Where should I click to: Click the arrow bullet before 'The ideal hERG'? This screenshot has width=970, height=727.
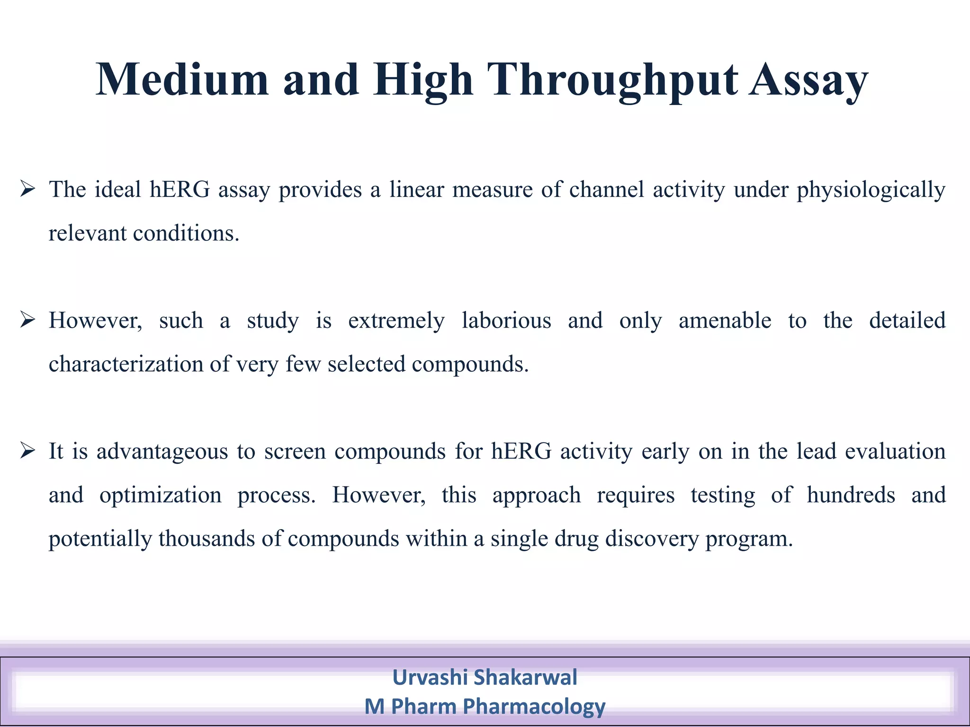coord(28,190)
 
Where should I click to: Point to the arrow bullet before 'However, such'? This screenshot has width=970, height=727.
coord(28,320)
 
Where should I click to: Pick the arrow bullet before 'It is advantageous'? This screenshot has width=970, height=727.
coord(28,451)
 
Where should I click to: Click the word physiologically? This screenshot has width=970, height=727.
coord(871,190)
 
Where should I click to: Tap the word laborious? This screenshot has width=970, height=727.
coord(506,320)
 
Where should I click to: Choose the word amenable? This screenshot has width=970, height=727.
coord(725,320)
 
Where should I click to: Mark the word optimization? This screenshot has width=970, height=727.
coord(160,495)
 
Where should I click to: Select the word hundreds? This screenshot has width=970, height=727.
coord(851,495)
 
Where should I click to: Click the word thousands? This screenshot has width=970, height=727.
coord(207,539)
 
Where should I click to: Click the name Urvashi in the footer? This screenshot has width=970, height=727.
coord(430,677)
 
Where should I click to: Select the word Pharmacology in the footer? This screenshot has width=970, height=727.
coord(534,707)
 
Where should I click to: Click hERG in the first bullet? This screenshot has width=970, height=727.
coord(180,190)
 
